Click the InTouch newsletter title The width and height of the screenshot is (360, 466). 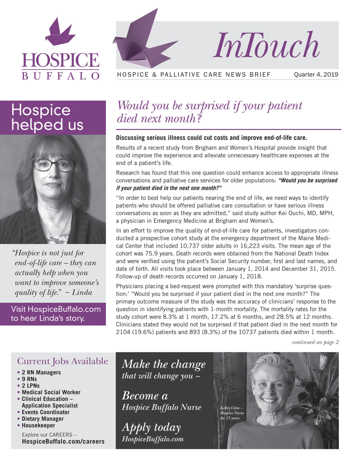(266, 45)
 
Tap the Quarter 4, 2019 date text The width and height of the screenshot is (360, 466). (316, 74)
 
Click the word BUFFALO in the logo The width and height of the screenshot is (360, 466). (60, 76)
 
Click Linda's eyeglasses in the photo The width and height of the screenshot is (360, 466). (54, 164)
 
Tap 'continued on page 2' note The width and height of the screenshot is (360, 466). (315, 342)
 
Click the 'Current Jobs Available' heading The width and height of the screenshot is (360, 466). (62, 361)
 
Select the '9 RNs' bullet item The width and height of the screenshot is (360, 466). (30, 379)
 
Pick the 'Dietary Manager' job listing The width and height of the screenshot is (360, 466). (42, 419)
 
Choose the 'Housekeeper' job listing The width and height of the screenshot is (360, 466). (38, 426)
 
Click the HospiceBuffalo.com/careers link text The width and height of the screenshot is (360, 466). (63, 442)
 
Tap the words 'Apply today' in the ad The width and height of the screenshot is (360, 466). (151, 428)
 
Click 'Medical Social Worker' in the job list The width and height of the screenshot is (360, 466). (51, 392)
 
